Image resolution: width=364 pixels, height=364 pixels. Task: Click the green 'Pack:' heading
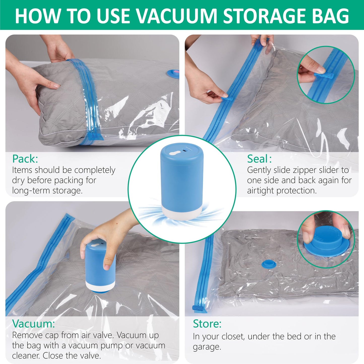(x=25, y=159)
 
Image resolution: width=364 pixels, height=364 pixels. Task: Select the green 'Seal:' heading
(x=259, y=159)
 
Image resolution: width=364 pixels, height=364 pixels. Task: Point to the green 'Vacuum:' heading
(x=33, y=324)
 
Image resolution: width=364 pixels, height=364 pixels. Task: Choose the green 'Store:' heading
(x=207, y=324)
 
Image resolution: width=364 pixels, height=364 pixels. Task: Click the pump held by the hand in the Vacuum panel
(x=100, y=267)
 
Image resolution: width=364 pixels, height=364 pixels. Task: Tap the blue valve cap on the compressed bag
(x=269, y=264)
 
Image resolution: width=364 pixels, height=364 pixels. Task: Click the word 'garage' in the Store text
(x=206, y=347)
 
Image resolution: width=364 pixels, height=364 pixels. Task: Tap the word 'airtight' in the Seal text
(x=260, y=190)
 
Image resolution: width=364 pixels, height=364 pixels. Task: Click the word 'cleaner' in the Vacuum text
(x=26, y=355)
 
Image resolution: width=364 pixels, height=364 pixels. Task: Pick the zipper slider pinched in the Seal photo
(x=224, y=96)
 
